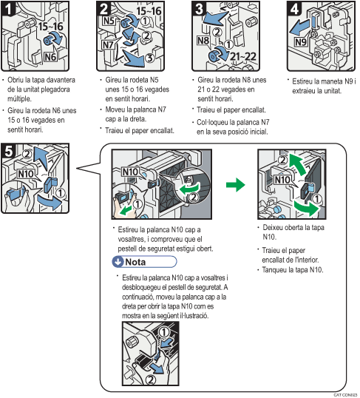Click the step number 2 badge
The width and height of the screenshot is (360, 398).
(105, 10)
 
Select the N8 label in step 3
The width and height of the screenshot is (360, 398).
(200, 40)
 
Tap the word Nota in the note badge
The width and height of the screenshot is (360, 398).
(137, 261)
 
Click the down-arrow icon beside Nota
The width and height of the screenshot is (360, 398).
(118, 261)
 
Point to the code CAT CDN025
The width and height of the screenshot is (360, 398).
(344, 394)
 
